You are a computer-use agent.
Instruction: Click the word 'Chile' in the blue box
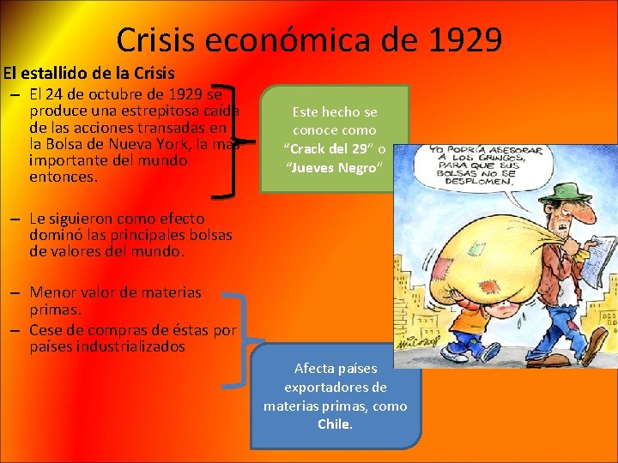pyautogui.click(x=334, y=424)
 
